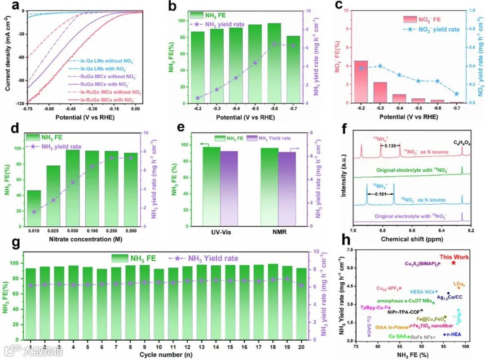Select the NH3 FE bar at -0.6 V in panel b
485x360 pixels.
point(273,63)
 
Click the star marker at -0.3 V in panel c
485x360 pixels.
point(380,66)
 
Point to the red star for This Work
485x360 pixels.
point(454,263)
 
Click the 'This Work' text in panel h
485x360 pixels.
point(454,257)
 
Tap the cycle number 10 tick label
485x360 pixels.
point(159,347)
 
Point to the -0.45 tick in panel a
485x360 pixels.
point(72,109)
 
